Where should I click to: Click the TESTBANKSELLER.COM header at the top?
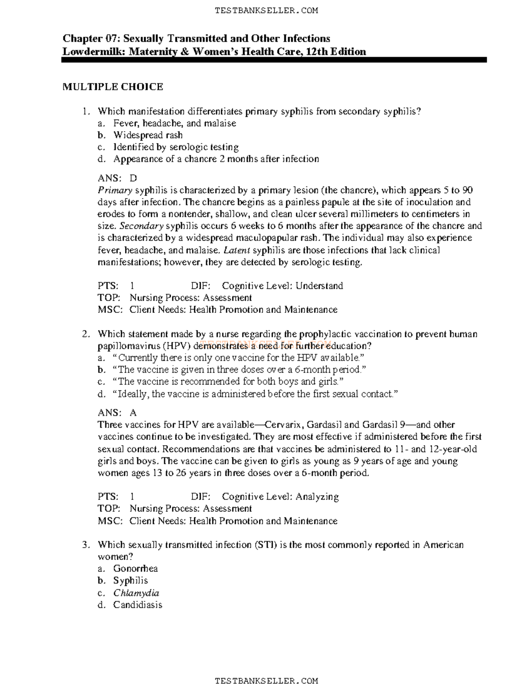coord(266,11)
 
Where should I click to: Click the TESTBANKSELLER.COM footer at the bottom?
coord(266,680)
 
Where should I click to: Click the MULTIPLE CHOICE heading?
coord(113,87)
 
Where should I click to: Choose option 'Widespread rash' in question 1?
coord(148,135)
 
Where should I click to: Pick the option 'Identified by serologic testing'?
coord(176,147)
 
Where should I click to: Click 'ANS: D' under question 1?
coord(117,178)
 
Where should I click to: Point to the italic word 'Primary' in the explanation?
coord(115,190)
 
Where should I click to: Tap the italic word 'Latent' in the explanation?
coord(237,250)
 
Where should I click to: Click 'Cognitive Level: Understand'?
coord(282,286)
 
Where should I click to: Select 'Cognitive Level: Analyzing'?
coord(280,497)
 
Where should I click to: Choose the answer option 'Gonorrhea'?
coord(135,568)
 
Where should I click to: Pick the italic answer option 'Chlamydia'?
coord(136,593)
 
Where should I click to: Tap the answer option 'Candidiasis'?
coord(137,605)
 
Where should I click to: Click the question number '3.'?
coord(86,545)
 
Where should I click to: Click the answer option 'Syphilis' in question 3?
coord(130,580)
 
